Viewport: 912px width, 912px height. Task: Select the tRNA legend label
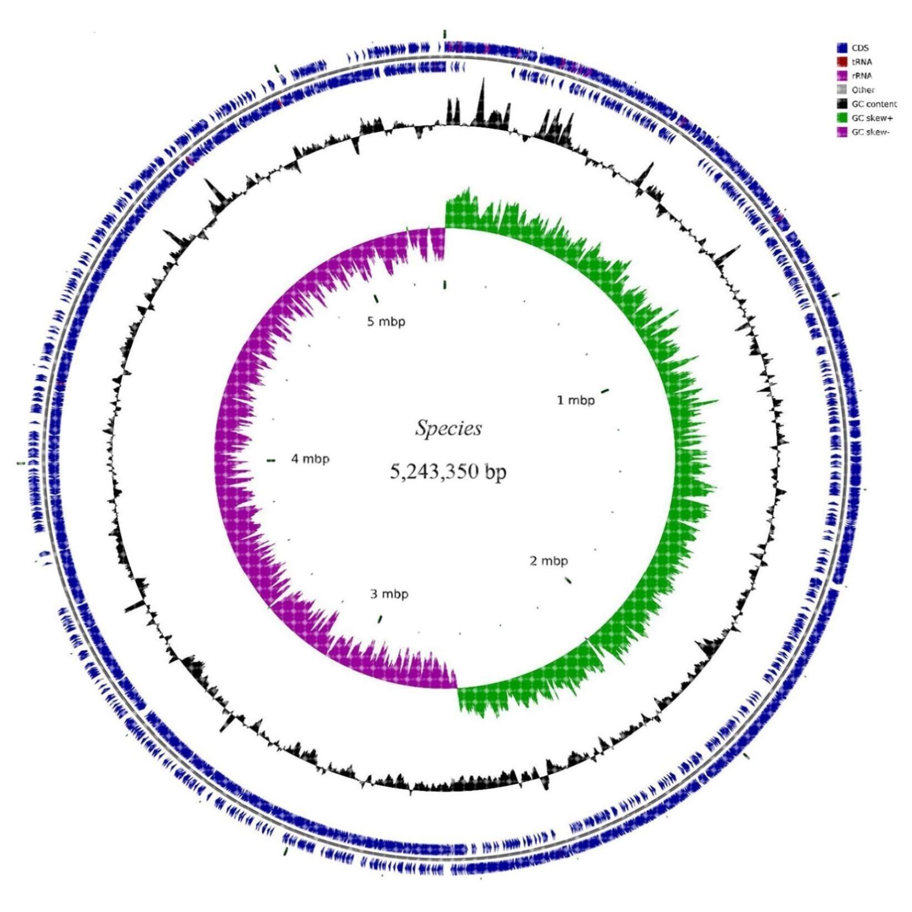tap(861, 62)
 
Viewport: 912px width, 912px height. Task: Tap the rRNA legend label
tap(861, 76)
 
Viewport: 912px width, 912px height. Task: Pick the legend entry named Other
tap(863, 89)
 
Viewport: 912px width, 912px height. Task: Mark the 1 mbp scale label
tap(575, 400)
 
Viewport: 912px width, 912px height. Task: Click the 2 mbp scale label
tap(549, 561)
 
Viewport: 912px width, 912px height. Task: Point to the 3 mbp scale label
tap(389, 594)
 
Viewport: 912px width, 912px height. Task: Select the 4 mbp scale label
tap(310, 459)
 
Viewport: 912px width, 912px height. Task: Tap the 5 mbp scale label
tap(386, 321)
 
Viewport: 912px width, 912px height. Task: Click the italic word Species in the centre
tap(448, 428)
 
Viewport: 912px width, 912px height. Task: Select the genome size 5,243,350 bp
tap(448, 472)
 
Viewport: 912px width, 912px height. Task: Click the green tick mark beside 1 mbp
tap(605, 391)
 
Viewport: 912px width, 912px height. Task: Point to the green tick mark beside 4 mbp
tap(271, 460)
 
